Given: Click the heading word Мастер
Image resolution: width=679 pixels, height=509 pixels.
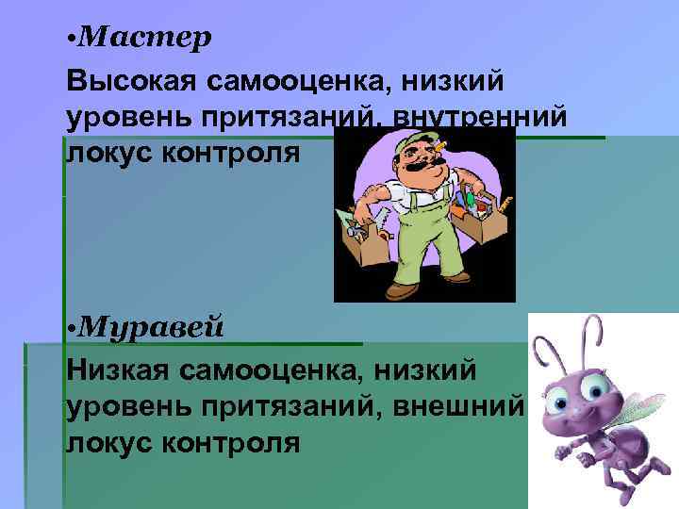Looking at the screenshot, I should (146, 37).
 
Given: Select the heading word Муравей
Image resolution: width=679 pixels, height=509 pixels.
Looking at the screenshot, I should (152, 327).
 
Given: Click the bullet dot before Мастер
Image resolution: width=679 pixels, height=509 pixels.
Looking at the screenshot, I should (73, 40).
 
